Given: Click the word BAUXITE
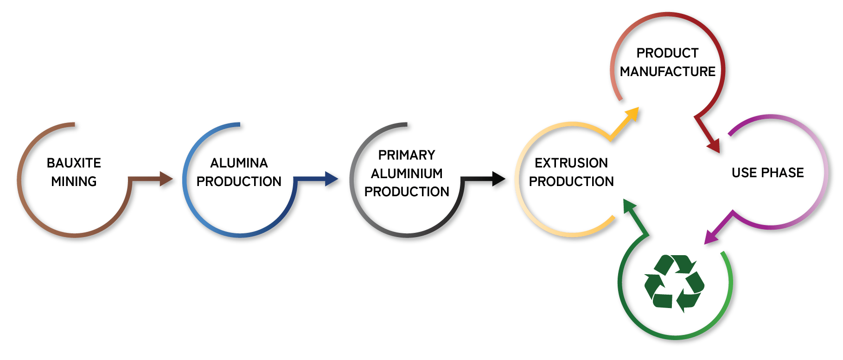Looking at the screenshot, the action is [74, 163].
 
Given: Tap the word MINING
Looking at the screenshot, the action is [74, 181].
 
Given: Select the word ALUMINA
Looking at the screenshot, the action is [239, 163].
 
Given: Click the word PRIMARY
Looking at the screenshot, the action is [407, 155].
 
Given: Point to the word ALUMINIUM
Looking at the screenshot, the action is [407, 174].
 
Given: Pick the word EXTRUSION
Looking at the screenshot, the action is [571, 163].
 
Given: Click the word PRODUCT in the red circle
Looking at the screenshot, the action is [667, 53].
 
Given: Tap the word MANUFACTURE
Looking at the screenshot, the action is [668, 71].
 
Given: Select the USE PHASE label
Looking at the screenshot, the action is [768, 173].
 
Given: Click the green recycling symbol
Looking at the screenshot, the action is [674, 283].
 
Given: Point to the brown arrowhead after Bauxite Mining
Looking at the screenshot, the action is [166, 179].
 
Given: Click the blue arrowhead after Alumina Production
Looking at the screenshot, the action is [332, 179].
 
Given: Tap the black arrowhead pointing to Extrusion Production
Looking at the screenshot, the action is [498, 179].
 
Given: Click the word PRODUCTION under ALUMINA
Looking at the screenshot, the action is [239, 181].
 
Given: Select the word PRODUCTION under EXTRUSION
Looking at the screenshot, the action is [571, 181].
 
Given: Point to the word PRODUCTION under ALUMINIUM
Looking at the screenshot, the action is [407, 192].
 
